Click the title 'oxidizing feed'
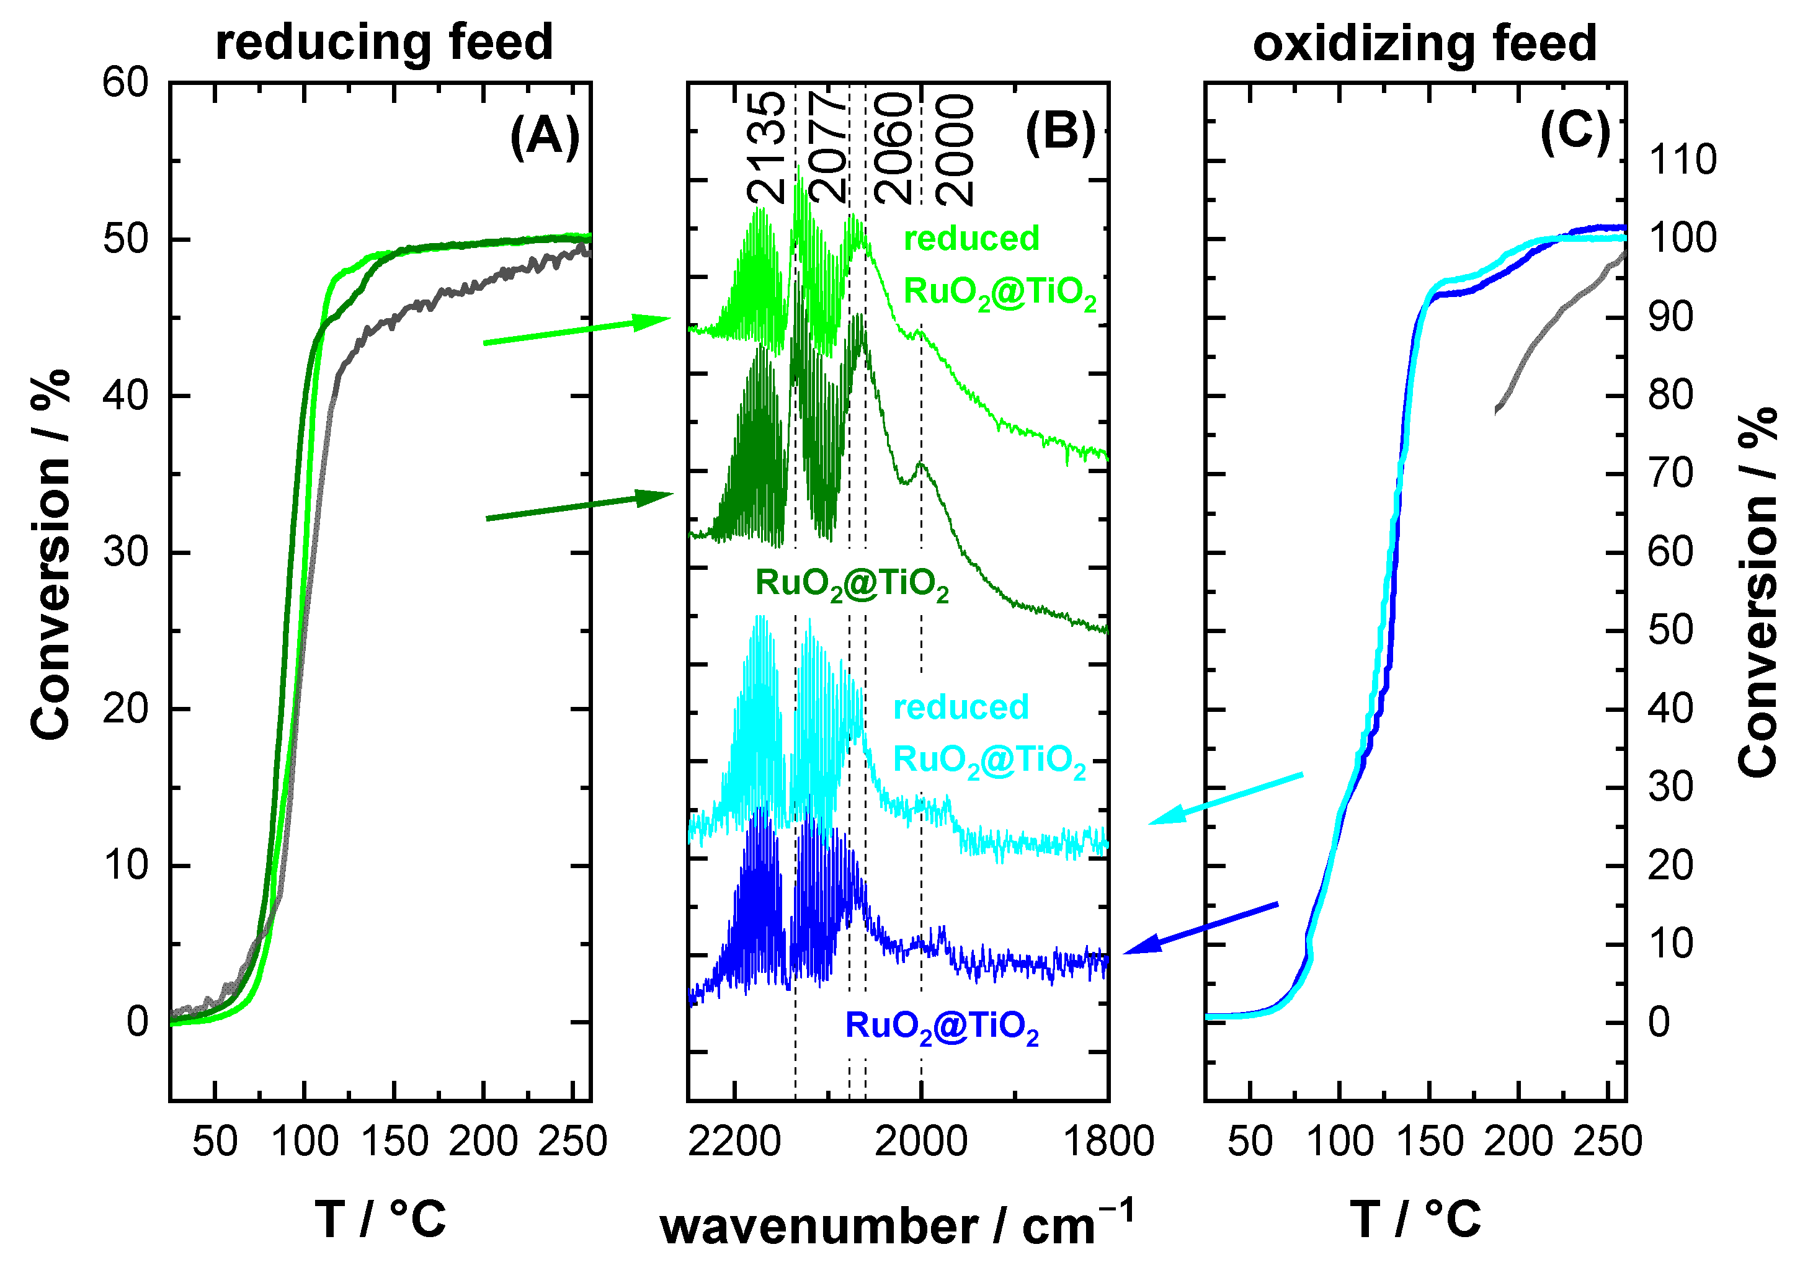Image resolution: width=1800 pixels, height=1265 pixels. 1425,43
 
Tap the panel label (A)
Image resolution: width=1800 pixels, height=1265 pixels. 545,136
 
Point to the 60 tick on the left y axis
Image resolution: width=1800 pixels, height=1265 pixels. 125,82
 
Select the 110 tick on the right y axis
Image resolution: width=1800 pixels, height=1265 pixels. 1682,161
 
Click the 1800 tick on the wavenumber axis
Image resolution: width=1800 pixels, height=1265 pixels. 1108,1141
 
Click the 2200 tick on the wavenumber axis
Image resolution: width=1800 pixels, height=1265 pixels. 734,1141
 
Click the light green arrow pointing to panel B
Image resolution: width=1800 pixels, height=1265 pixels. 576,330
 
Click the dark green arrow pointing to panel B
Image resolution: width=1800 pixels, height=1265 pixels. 579,505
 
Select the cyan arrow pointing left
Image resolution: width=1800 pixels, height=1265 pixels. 1226,798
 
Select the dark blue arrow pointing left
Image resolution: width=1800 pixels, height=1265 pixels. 1200,929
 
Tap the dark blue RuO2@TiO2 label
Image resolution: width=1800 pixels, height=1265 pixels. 942,1027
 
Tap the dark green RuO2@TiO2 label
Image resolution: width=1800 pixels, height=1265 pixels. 852,584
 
